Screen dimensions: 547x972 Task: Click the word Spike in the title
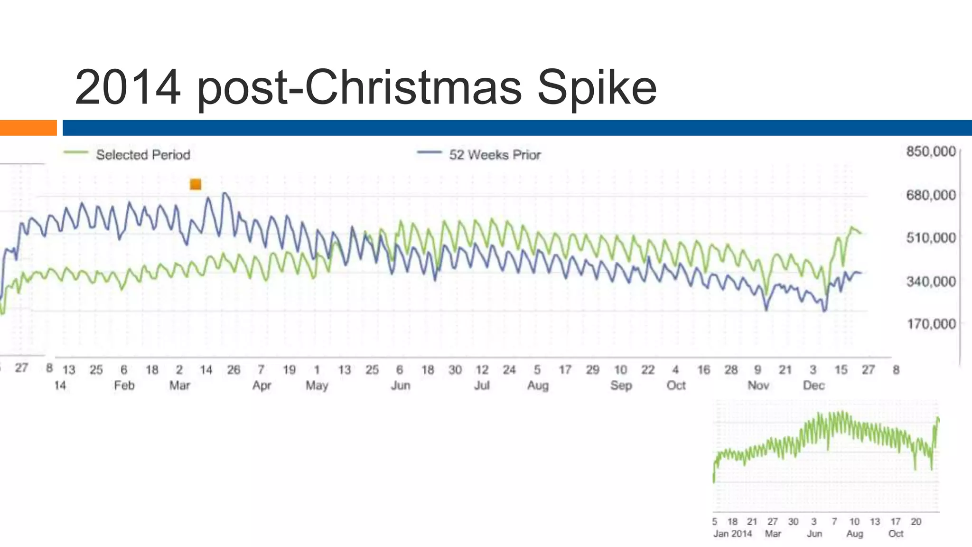[597, 88]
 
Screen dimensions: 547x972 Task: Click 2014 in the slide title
[128, 88]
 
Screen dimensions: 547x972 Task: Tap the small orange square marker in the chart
[196, 184]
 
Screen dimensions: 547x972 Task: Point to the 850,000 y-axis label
[931, 151]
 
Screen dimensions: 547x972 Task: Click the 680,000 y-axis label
[931, 195]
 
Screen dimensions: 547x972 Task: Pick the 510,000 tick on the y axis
[931, 237]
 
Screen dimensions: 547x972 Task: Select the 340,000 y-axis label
[931, 282]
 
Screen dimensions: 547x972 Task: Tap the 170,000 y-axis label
[931, 324]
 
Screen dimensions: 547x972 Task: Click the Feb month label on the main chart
[124, 385]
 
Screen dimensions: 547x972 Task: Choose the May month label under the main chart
[317, 385]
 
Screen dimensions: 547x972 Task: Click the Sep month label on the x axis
[620, 385]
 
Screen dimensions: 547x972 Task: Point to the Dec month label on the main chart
[813, 385]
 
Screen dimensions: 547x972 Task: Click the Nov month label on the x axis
[758, 385]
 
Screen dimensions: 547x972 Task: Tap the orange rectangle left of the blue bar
[28, 128]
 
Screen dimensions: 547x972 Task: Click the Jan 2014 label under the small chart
[732, 534]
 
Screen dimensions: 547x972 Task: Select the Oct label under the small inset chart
[896, 534]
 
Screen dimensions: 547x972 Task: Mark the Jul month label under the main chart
[482, 385]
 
